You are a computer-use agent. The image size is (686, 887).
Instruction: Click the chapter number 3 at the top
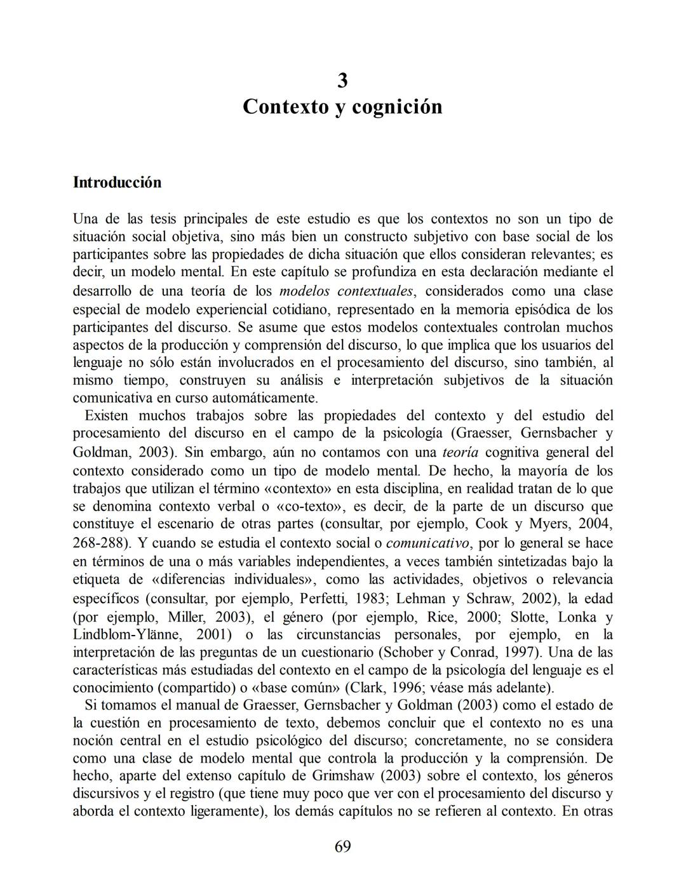pyautogui.click(x=342, y=81)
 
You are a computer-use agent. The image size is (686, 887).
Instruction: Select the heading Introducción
pyautogui.click(x=118, y=182)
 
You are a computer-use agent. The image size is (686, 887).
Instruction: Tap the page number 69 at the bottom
pyautogui.click(x=342, y=846)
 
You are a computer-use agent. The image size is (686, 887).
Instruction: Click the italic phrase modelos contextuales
pyautogui.click(x=346, y=291)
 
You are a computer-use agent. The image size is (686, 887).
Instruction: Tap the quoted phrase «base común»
pyautogui.click(x=307, y=688)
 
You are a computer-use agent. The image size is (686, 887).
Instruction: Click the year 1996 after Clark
pyautogui.click(x=409, y=688)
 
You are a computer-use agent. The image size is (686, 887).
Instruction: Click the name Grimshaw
pyautogui.click(x=346, y=776)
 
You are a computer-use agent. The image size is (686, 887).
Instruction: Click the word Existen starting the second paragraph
pyautogui.click(x=106, y=416)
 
